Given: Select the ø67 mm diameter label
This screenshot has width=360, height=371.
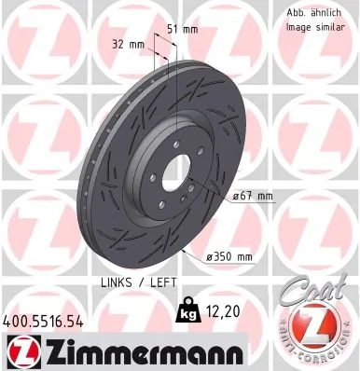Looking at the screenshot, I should coord(253,196).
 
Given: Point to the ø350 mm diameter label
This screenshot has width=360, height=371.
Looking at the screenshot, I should coord(230,256).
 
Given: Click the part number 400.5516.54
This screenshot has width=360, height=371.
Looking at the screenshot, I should coord(44,321).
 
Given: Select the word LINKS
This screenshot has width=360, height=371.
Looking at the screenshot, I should coord(117,282).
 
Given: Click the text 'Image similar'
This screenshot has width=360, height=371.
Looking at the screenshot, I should coord(306,28).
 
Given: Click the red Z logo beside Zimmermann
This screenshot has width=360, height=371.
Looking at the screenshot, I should coord(20,350).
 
